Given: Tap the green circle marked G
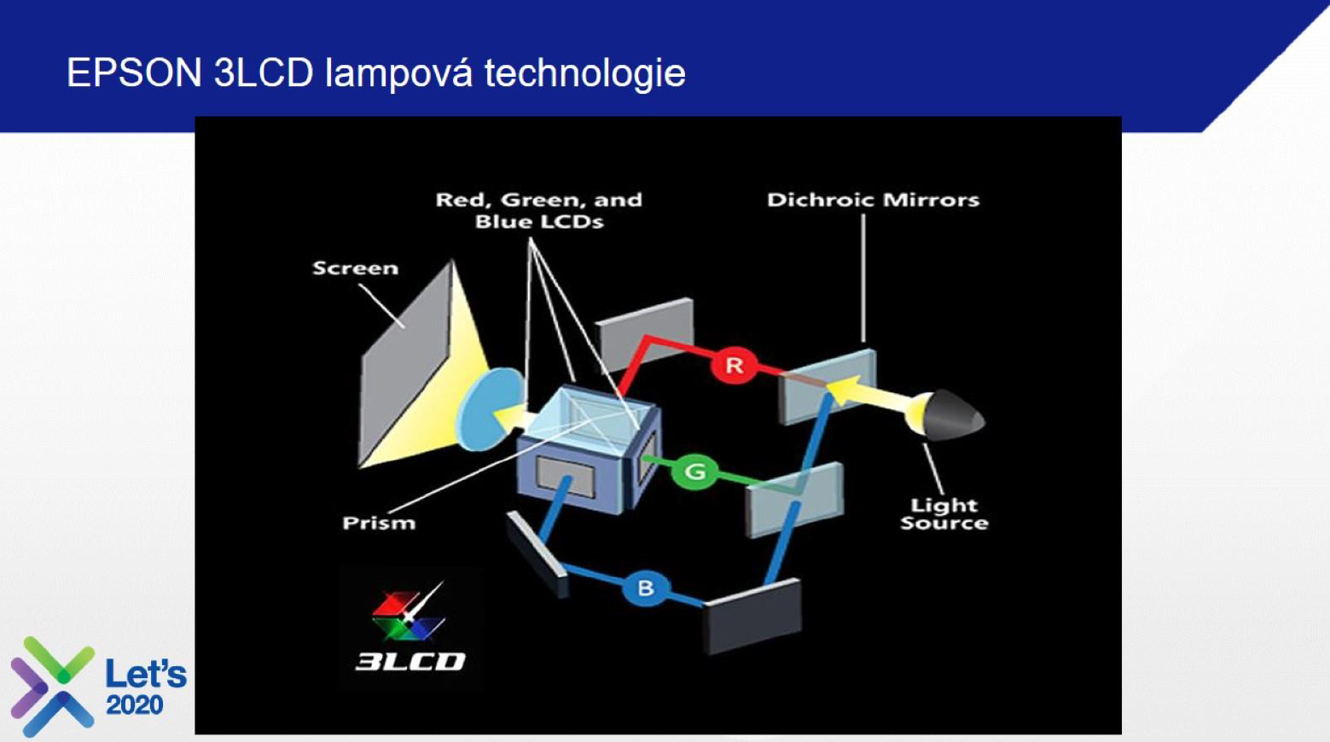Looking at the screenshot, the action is pos(694,472).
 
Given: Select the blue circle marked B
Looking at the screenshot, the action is pos(646,588).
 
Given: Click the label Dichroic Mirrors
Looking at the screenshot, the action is pos(873,200).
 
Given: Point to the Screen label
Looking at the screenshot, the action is pos(355,269).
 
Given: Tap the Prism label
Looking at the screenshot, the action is pos(379,523).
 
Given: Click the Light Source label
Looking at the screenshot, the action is pos(944,514).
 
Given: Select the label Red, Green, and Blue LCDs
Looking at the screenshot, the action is pos(539,211).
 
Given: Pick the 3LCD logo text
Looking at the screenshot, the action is pos(410,661).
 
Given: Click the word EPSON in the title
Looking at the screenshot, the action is pos(134,73).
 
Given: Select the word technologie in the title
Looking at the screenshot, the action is pos(585,73).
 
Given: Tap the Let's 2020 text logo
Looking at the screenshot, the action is pos(146,687).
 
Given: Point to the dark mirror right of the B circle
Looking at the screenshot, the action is pos(753,616).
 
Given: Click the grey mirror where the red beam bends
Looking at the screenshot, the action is pos(644,334).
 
